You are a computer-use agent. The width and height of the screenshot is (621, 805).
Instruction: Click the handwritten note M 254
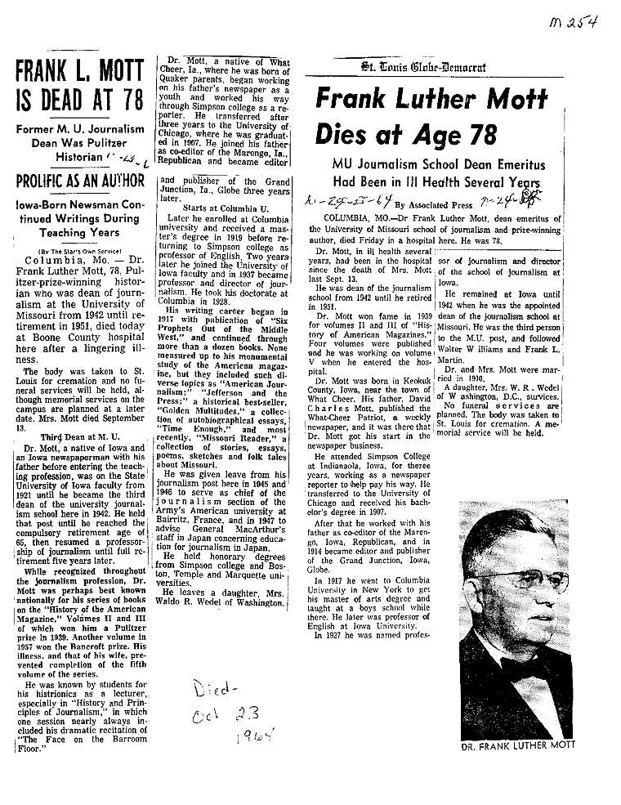(x=573, y=24)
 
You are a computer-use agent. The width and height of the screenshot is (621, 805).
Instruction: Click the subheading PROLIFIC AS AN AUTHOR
(x=78, y=180)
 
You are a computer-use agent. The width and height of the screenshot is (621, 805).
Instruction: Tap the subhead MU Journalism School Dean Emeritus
(x=431, y=165)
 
